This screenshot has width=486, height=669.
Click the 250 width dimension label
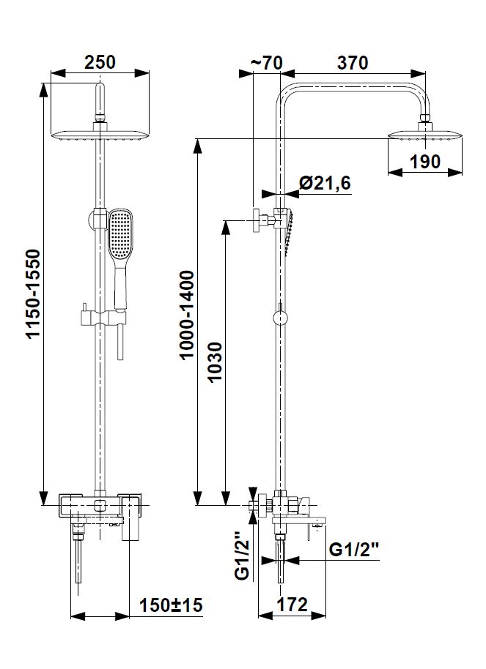(100, 62)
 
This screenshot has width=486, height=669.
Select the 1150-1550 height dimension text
(33, 294)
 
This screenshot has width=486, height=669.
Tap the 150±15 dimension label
(171, 605)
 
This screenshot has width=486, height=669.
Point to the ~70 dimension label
(267, 63)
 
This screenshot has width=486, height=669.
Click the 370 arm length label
(353, 63)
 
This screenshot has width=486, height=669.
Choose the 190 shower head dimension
(425, 162)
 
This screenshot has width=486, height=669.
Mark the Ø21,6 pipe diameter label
(325, 183)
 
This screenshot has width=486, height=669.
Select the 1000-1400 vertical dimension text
(187, 315)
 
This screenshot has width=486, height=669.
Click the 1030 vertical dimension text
(215, 362)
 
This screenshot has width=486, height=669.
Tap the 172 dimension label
(292, 605)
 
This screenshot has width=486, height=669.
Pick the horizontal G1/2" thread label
(354, 549)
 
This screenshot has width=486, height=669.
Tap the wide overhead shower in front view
(100, 135)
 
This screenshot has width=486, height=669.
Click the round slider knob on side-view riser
(280, 318)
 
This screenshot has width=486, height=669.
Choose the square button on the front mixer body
(100, 506)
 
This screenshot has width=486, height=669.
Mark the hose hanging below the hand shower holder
(120, 341)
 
